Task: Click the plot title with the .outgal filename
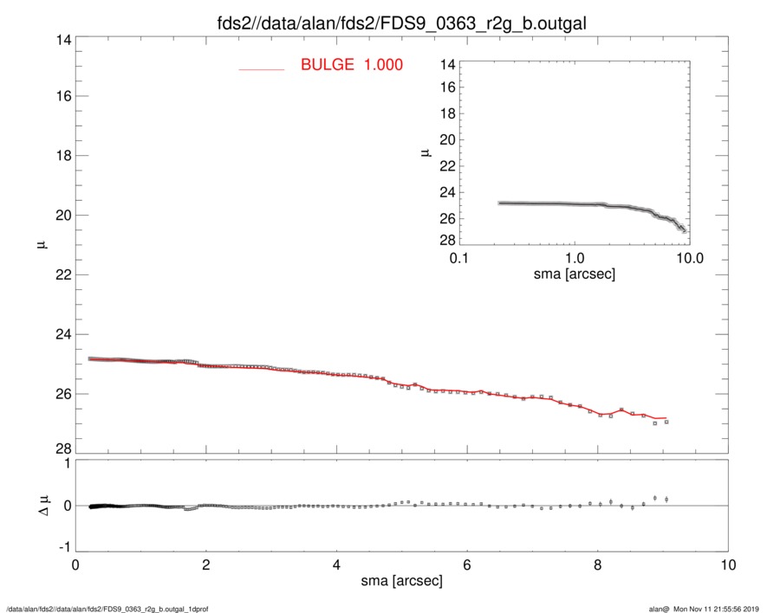pyautogui.click(x=402, y=23)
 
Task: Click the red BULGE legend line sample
pyautogui.click(x=262, y=68)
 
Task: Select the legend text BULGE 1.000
pyautogui.click(x=352, y=65)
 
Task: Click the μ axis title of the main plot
pyautogui.click(x=41, y=245)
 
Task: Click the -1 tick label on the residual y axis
pyautogui.click(x=63, y=548)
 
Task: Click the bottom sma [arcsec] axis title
pyautogui.click(x=401, y=581)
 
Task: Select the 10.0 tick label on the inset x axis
pyautogui.click(x=690, y=258)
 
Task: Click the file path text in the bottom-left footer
pyautogui.click(x=107, y=608)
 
